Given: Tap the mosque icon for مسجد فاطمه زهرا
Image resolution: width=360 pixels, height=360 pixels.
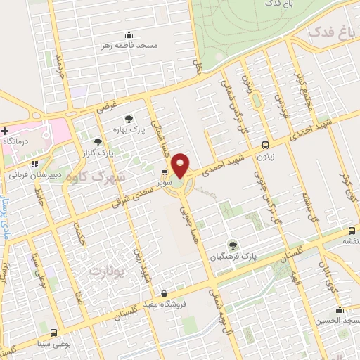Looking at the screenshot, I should coord(128,35).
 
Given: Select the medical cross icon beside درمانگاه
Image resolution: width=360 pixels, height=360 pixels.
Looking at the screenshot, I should coord(5,131).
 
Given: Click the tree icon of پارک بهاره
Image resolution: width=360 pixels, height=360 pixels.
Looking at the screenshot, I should coord(127,120).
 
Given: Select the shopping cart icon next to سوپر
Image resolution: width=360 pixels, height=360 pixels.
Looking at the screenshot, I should coord(165,172).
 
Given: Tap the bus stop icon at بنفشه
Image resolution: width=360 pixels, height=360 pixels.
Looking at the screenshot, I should coord(352,231).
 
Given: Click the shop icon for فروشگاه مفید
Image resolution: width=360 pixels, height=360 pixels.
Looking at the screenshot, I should coord(163,293).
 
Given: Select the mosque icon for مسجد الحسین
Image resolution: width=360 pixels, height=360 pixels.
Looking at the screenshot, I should coord(340,310).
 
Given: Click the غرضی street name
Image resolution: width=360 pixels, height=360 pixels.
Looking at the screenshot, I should coord(104,107).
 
